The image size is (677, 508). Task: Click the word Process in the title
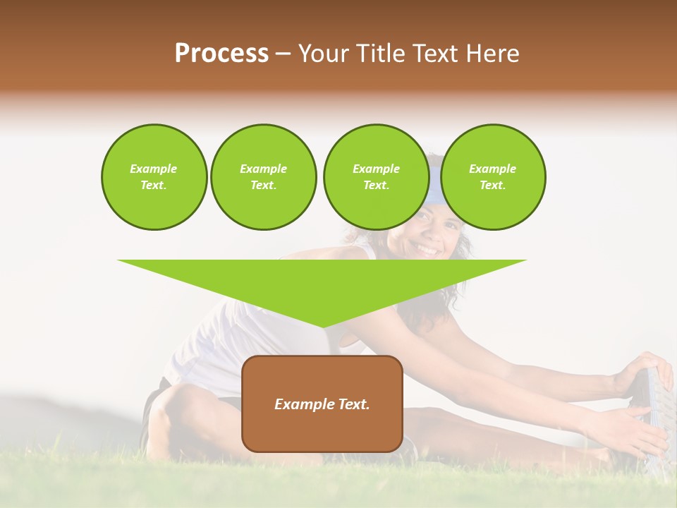221,54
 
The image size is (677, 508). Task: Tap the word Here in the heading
491,54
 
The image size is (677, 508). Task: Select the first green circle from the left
154,177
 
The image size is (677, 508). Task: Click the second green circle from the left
263,177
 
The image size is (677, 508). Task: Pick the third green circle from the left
376,177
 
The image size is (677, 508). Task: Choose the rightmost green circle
492,177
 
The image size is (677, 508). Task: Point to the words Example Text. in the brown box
322,404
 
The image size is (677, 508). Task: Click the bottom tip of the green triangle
323,326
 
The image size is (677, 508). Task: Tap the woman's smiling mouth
428,248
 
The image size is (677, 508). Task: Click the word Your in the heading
324,54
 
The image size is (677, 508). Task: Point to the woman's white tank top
212,332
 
